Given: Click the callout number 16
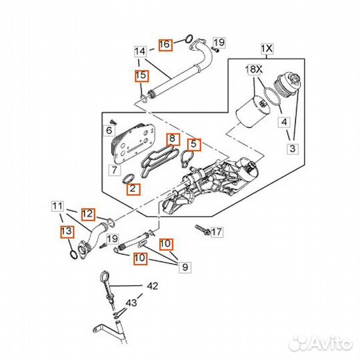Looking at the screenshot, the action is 165,45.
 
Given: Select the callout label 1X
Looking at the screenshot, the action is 267,49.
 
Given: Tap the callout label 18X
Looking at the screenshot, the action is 254,69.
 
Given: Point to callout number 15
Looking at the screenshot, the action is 141,75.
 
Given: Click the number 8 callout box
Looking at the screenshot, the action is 173,139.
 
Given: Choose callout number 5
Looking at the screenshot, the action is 194,145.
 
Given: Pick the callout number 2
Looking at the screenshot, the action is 133,189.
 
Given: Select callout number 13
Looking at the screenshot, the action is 67,231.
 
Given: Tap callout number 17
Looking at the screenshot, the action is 216,231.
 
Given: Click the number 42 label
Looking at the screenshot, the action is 153,286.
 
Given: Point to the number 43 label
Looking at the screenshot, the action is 131,303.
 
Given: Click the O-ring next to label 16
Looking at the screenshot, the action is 189,39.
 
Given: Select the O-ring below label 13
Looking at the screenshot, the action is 73,255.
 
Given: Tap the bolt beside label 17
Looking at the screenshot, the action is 203,230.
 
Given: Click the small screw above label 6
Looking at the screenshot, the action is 113,122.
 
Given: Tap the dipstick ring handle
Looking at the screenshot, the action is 104,275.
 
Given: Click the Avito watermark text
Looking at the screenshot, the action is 321,343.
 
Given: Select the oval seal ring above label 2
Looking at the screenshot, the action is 129,179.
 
